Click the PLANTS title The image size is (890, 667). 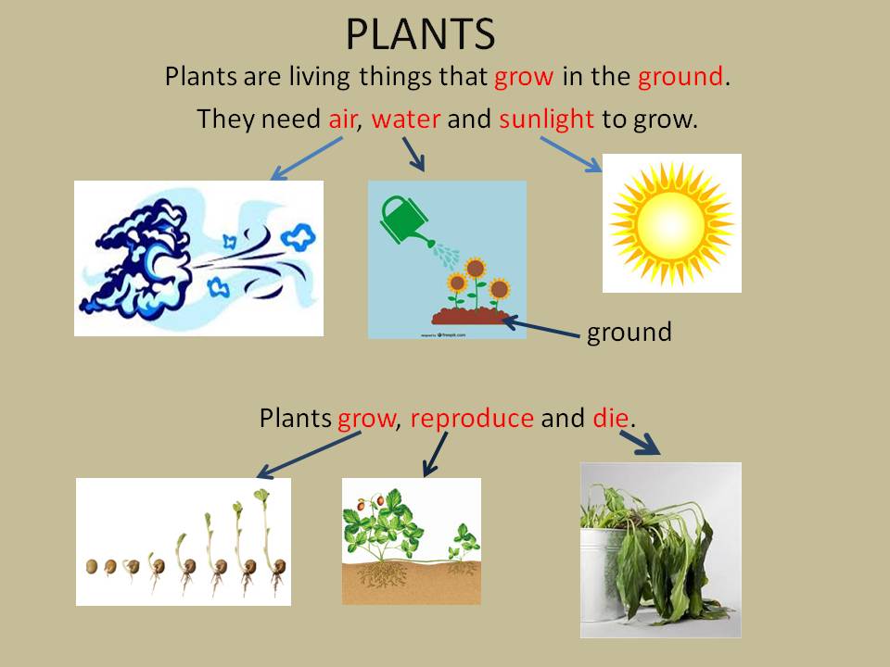tap(420, 34)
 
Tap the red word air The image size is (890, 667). tap(343, 120)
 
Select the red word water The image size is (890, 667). tap(406, 120)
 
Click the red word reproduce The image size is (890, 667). tap(471, 419)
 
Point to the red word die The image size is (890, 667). tap(611, 419)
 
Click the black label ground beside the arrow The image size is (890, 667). tap(629, 333)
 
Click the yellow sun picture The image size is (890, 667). tap(671, 223)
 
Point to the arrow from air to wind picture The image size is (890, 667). tap(306, 157)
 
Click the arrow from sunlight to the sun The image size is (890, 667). tap(571, 154)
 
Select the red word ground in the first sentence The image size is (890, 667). tap(680, 77)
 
